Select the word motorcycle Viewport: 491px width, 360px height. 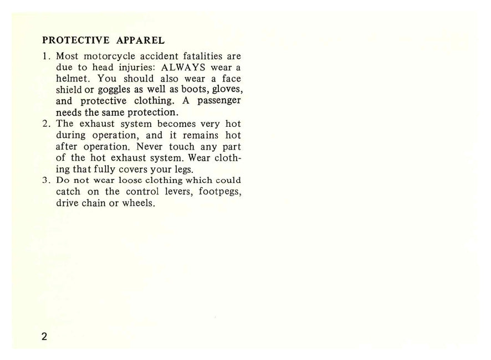coord(110,56)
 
